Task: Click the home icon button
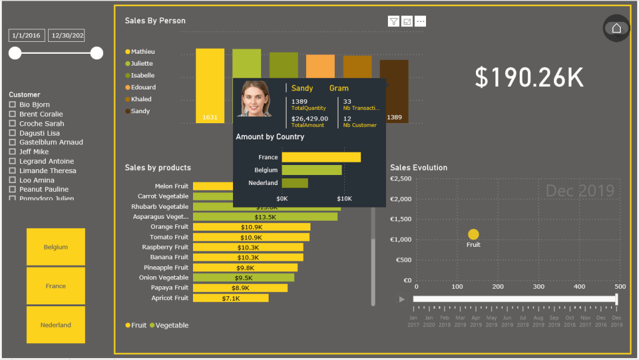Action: point(617,28)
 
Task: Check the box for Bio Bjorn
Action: point(12,105)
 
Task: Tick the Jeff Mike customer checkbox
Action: point(12,152)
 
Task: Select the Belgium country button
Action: point(56,247)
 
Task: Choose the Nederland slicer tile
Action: point(56,324)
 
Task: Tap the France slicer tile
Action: point(56,286)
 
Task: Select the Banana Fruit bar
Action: point(248,257)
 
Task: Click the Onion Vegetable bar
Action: point(244,277)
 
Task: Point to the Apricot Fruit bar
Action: point(230,298)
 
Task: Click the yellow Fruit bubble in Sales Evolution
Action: point(473,234)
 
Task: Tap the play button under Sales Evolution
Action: point(402,299)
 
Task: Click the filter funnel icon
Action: point(394,21)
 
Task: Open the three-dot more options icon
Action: point(420,21)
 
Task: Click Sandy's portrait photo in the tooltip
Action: point(254,99)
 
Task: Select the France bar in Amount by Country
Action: point(321,157)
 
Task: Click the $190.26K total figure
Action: point(528,77)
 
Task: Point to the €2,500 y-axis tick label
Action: point(400,179)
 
